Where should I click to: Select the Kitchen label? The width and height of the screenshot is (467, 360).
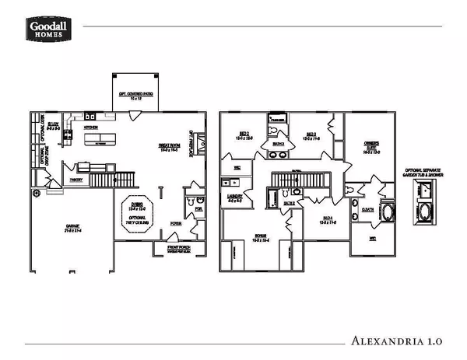pyautogui.click(x=90, y=126)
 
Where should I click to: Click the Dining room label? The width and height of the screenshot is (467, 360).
pyautogui.click(x=137, y=207)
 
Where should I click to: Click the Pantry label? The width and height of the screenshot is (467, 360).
pyautogui.click(x=76, y=180)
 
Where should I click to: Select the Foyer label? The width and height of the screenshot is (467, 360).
pyautogui.click(x=177, y=222)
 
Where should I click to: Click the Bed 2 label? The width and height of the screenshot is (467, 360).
pyautogui.click(x=244, y=135)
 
